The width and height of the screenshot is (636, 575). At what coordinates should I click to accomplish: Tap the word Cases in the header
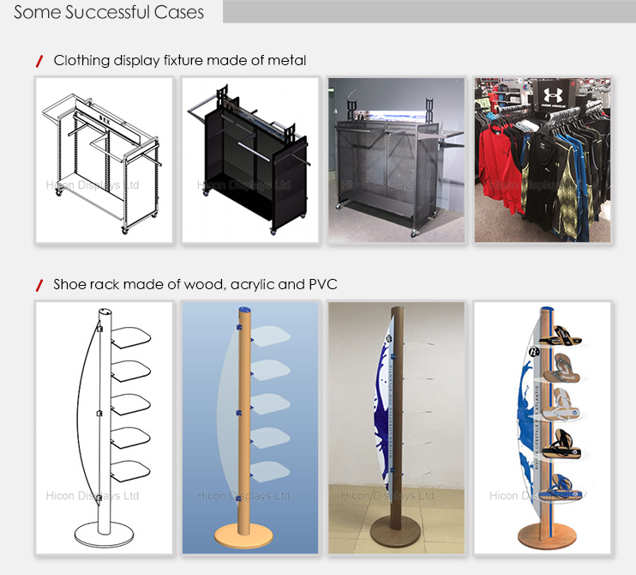[181, 12]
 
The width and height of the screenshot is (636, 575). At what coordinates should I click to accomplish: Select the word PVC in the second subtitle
[322, 284]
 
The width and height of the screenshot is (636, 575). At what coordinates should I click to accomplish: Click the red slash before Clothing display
[39, 61]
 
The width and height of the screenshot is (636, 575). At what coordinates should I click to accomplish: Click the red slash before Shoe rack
[39, 284]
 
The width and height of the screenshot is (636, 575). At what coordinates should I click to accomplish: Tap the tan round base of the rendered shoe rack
[241, 534]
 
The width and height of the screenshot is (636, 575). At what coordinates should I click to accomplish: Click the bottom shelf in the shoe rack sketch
[125, 470]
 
